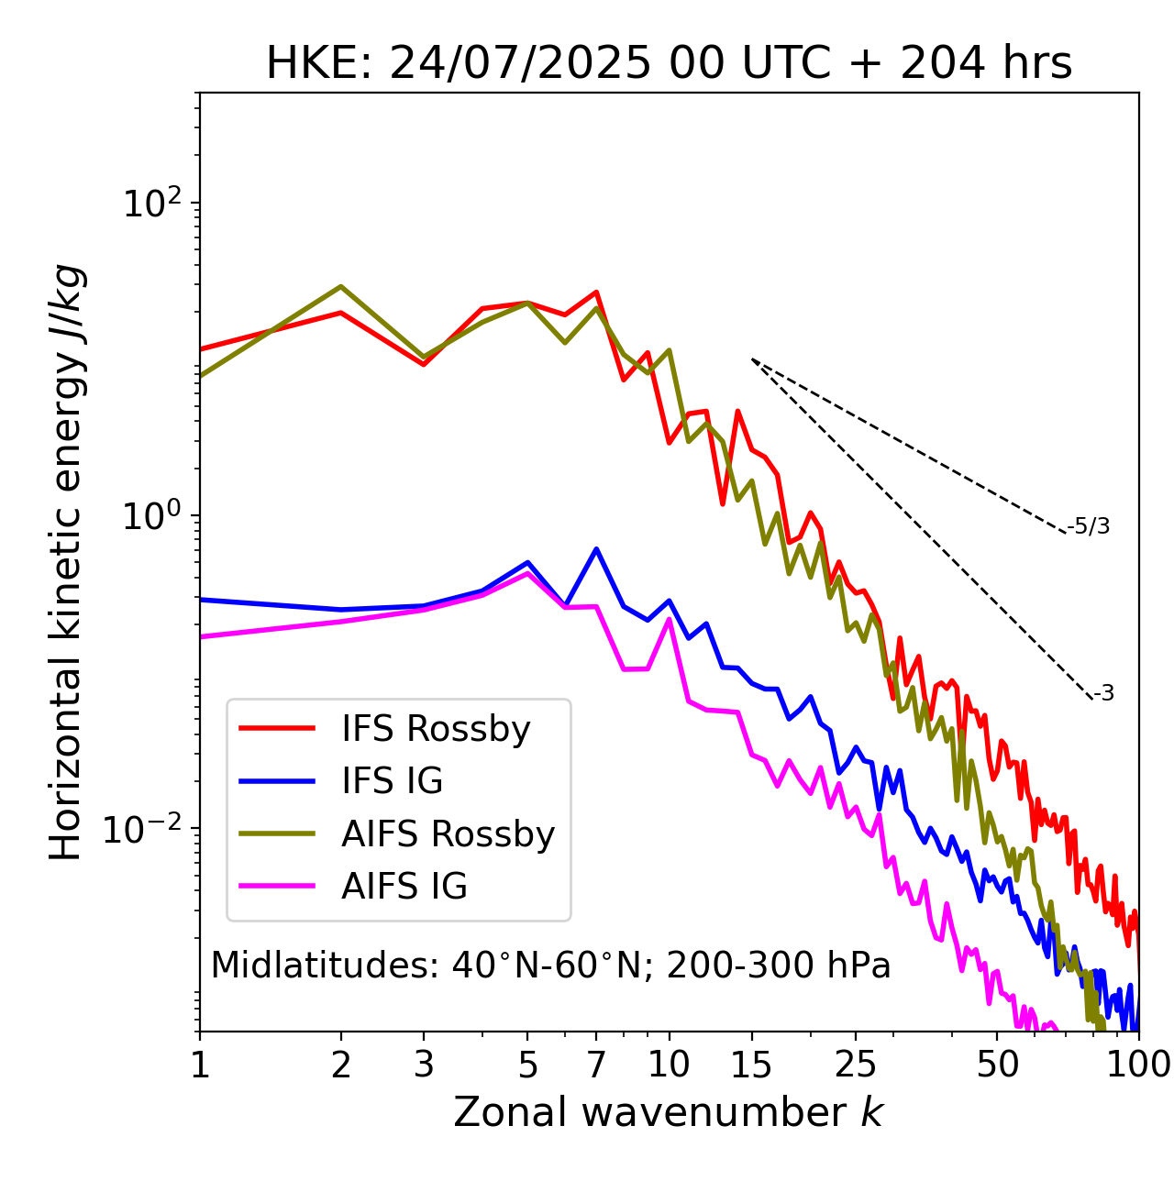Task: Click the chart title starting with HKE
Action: [669, 64]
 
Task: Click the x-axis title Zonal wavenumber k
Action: [669, 1112]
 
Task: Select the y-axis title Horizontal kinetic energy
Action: [67, 562]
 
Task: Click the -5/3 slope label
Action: [1089, 526]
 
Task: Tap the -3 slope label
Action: [1103, 693]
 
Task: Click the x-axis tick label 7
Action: [596, 1065]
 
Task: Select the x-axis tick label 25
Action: [855, 1065]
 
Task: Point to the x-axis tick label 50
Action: [997, 1065]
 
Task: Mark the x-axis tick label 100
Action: [1138, 1065]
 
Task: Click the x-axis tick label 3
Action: [424, 1065]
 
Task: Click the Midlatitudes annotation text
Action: [550, 966]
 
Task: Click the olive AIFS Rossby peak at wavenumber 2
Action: [341, 286]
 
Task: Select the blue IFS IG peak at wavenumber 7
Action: [596, 549]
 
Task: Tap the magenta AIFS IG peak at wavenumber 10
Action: [670, 619]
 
